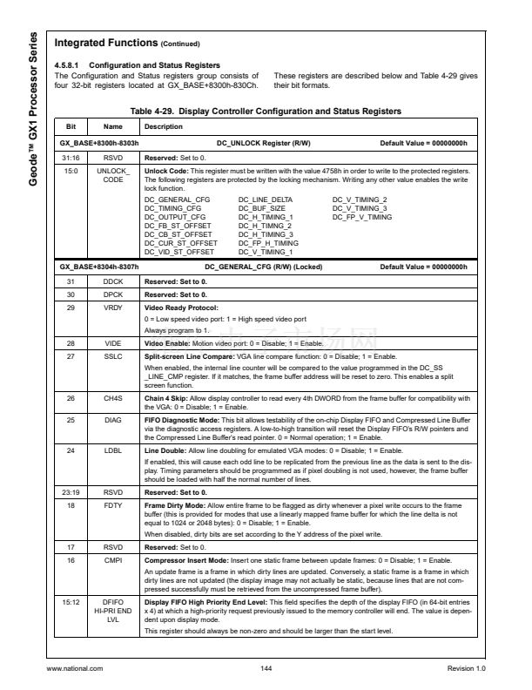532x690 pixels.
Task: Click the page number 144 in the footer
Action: [x=266, y=668]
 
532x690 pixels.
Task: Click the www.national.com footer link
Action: [x=74, y=668]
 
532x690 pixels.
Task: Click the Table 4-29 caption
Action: [x=266, y=112]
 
